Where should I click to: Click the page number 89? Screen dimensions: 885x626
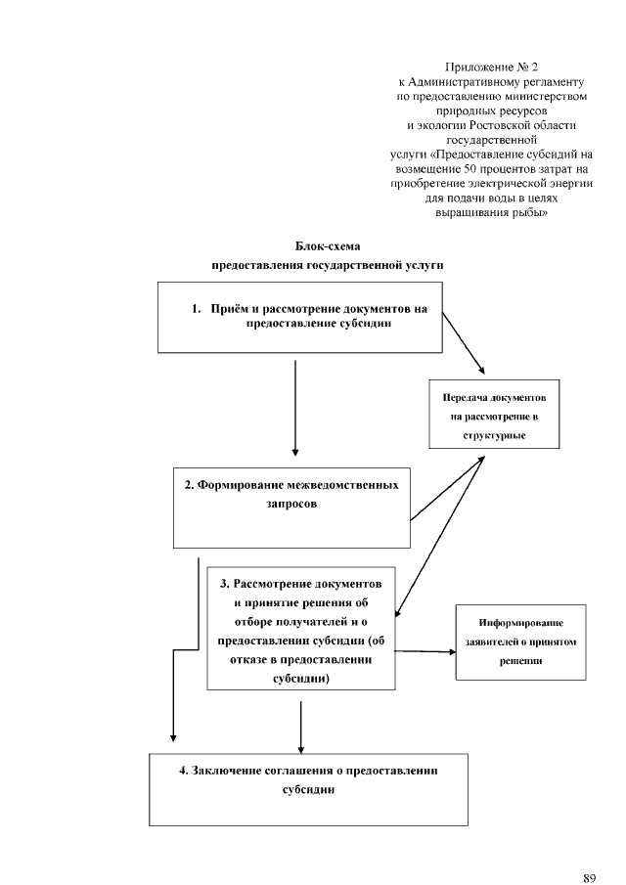tap(588, 852)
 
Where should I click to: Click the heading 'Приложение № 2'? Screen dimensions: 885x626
tap(491, 67)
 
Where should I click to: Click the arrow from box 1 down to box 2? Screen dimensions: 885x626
tap(294, 406)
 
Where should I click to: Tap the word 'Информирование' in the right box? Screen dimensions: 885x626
tap(520, 623)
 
